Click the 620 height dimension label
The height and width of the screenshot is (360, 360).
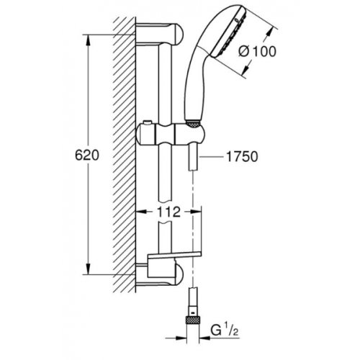[87, 156]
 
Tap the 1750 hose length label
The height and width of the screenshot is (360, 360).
[242, 157]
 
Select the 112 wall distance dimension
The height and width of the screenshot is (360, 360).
[168, 212]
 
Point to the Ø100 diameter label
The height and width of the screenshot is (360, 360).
[257, 51]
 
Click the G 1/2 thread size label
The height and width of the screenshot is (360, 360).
[225, 330]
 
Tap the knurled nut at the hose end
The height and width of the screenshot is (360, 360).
[193, 321]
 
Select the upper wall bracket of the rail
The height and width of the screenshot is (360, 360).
[159, 34]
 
